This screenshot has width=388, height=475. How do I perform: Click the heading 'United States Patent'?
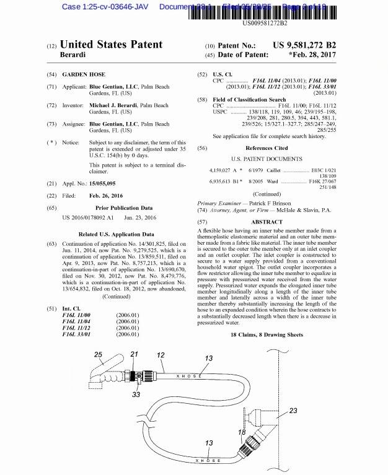[x=112, y=45]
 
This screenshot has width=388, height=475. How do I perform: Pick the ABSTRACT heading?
[x=267, y=221]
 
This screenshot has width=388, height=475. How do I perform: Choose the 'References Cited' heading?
[x=267, y=149]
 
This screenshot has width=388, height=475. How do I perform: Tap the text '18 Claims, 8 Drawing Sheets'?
[x=267, y=335]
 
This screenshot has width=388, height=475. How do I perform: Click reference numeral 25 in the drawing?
[x=98, y=355]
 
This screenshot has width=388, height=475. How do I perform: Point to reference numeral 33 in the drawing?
[x=136, y=394]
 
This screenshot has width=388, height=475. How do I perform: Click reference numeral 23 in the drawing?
[x=294, y=410]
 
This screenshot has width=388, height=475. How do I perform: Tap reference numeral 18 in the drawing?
[x=242, y=432]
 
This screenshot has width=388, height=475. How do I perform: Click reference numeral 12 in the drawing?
[x=161, y=355]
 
